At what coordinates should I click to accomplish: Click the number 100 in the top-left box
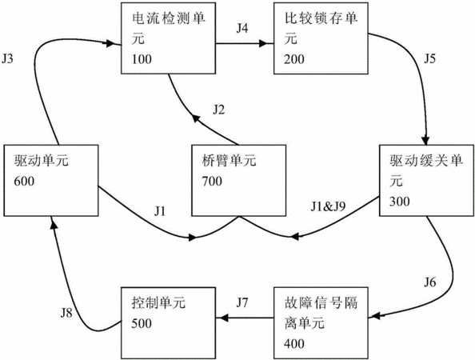click(x=142, y=59)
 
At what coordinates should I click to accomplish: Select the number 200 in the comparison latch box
click(x=294, y=59)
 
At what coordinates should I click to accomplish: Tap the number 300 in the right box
click(x=400, y=202)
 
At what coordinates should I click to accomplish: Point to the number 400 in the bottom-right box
click(x=294, y=344)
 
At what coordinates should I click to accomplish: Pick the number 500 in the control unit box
click(x=142, y=324)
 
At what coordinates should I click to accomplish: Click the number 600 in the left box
click(x=24, y=182)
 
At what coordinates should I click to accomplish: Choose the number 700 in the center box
click(x=212, y=182)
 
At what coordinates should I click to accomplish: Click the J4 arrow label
click(x=242, y=28)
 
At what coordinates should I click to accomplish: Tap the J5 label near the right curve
click(x=429, y=58)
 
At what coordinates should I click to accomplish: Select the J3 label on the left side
click(x=7, y=58)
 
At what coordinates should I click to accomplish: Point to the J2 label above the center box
click(x=219, y=110)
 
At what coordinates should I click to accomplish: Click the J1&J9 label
click(x=328, y=206)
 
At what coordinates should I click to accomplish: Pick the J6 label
click(x=429, y=282)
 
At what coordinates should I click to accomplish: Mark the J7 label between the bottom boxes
click(x=242, y=302)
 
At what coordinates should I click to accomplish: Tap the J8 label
click(x=66, y=313)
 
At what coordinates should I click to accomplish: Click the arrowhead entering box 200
click(x=263, y=44)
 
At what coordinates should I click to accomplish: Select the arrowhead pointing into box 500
click(x=224, y=318)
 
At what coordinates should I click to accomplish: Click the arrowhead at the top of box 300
click(x=426, y=141)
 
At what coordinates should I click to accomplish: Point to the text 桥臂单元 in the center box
click(x=229, y=161)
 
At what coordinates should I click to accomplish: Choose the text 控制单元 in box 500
click(x=158, y=302)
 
